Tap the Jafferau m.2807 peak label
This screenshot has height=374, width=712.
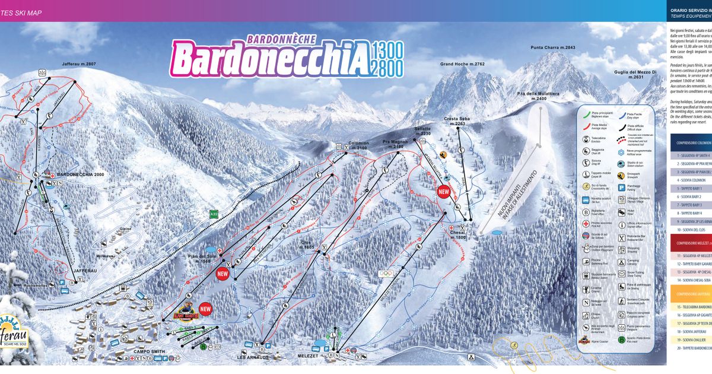point(78,64)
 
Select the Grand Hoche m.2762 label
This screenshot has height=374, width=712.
point(462,64)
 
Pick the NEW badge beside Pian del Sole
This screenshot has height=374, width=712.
point(223,274)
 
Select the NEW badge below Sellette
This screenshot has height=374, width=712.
point(443,192)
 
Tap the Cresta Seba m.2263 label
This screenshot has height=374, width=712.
point(456,122)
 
